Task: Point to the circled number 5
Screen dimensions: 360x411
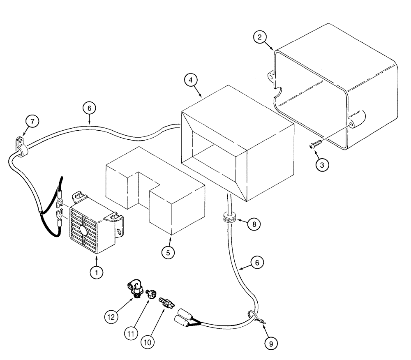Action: point(168,252)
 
